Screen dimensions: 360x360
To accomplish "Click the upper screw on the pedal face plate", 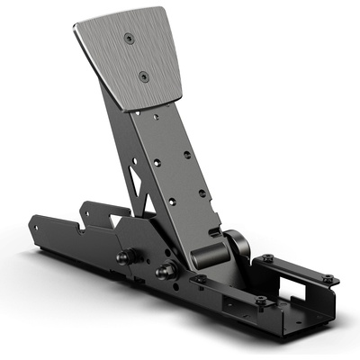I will (132, 38).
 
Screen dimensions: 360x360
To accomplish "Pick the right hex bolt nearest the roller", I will (165, 270).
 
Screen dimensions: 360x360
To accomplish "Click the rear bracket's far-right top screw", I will (328, 277).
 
